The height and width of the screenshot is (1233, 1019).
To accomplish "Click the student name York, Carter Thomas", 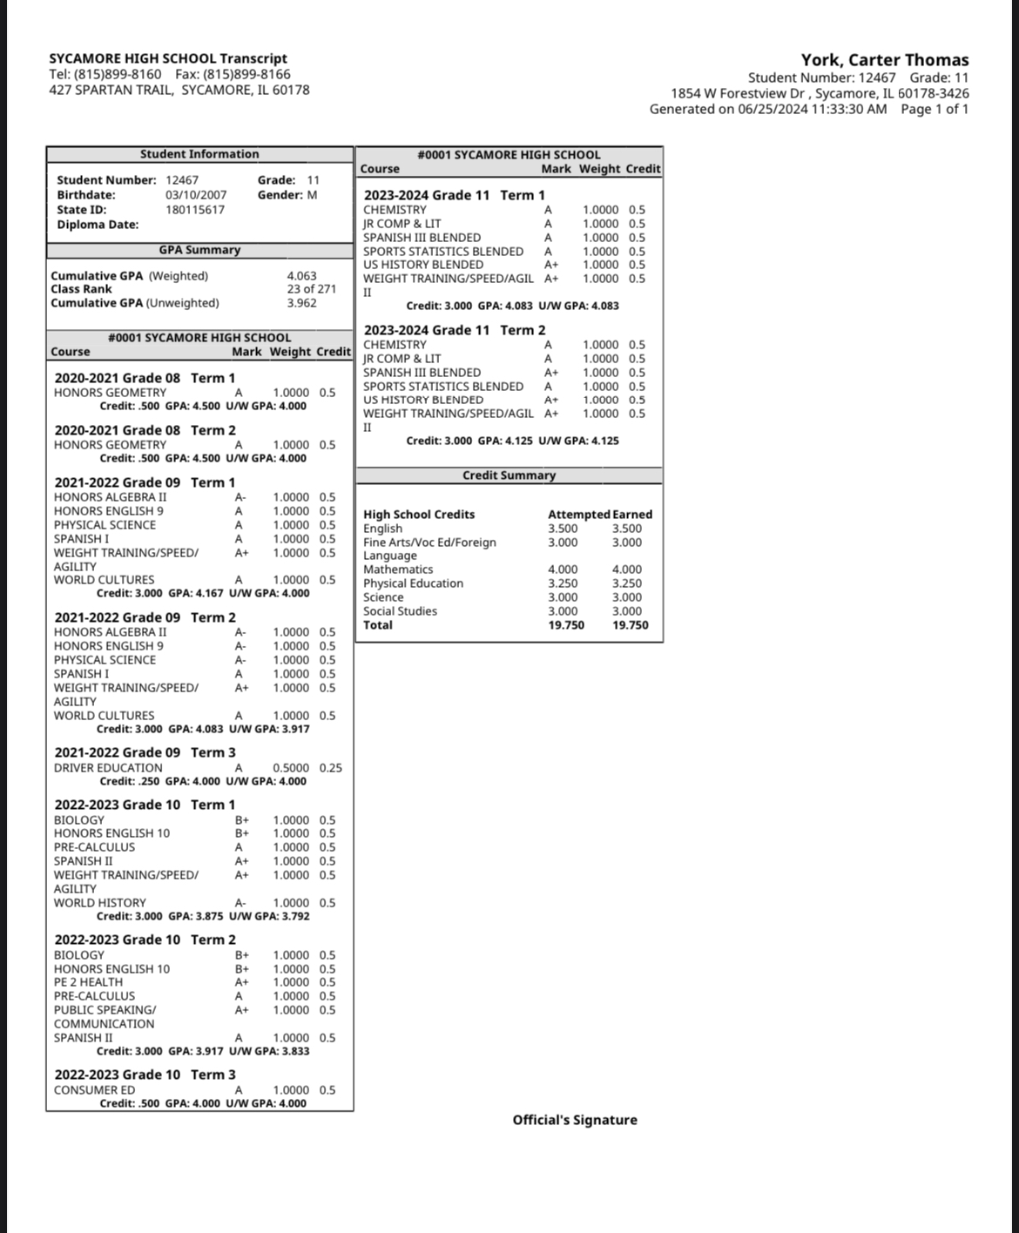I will tap(884, 60).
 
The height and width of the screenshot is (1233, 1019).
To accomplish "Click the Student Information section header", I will tap(199, 154).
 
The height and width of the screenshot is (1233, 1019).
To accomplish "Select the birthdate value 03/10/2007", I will tap(196, 195).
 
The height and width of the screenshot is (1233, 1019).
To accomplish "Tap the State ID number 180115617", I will tap(195, 210).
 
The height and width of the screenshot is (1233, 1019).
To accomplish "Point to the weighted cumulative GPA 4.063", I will tap(301, 276).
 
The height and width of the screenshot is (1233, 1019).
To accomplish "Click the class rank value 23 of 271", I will tap(311, 289).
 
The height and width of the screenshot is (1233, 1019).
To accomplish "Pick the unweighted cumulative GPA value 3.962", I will tap(301, 303).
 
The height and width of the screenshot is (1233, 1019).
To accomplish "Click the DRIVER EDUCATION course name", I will tap(108, 768).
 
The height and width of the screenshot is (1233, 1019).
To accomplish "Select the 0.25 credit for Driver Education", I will tap(330, 768).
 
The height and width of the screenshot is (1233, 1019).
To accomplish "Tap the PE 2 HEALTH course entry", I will tap(88, 982).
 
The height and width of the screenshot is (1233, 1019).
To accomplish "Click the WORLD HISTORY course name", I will tap(100, 903).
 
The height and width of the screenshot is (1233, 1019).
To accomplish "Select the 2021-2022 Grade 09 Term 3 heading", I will tap(145, 752).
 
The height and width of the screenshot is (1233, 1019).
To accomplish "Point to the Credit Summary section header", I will tap(509, 475).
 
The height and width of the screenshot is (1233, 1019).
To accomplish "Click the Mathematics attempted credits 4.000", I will tap(563, 569).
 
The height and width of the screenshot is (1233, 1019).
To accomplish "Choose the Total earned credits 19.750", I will tap(630, 625).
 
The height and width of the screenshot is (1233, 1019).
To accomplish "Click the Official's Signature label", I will tap(575, 1120).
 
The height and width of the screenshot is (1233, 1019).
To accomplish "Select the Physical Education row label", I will tap(413, 583).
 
